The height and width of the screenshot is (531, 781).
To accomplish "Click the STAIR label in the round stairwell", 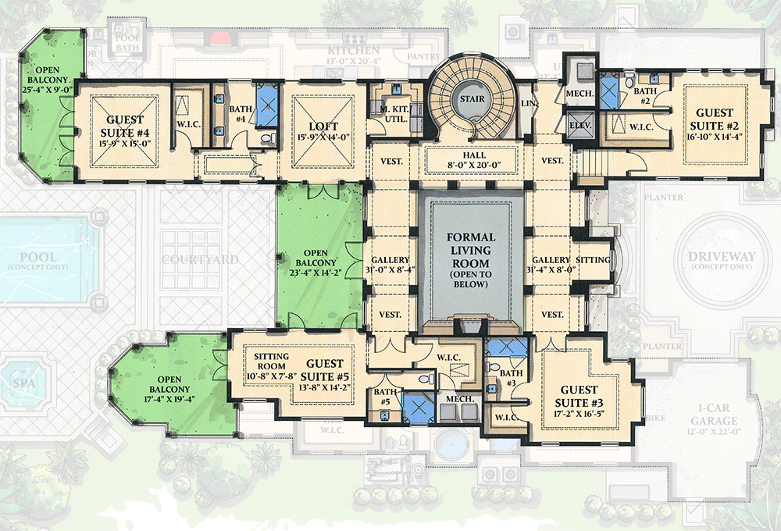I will [x=471, y=100].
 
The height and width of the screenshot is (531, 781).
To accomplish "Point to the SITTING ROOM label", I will [x=272, y=362].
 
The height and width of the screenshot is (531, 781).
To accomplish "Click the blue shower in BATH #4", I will [x=267, y=100].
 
